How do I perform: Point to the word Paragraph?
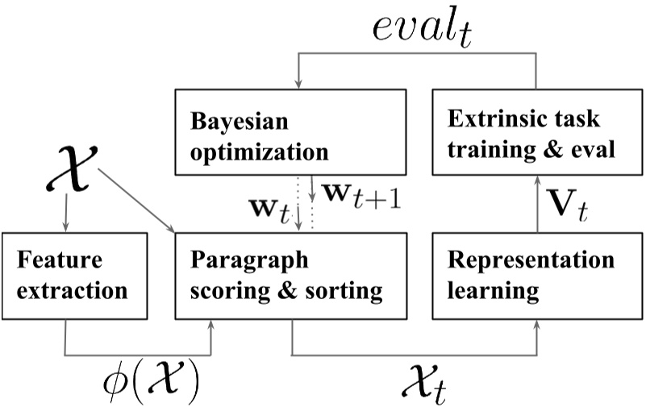pyautogui.click(x=240, y=261)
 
